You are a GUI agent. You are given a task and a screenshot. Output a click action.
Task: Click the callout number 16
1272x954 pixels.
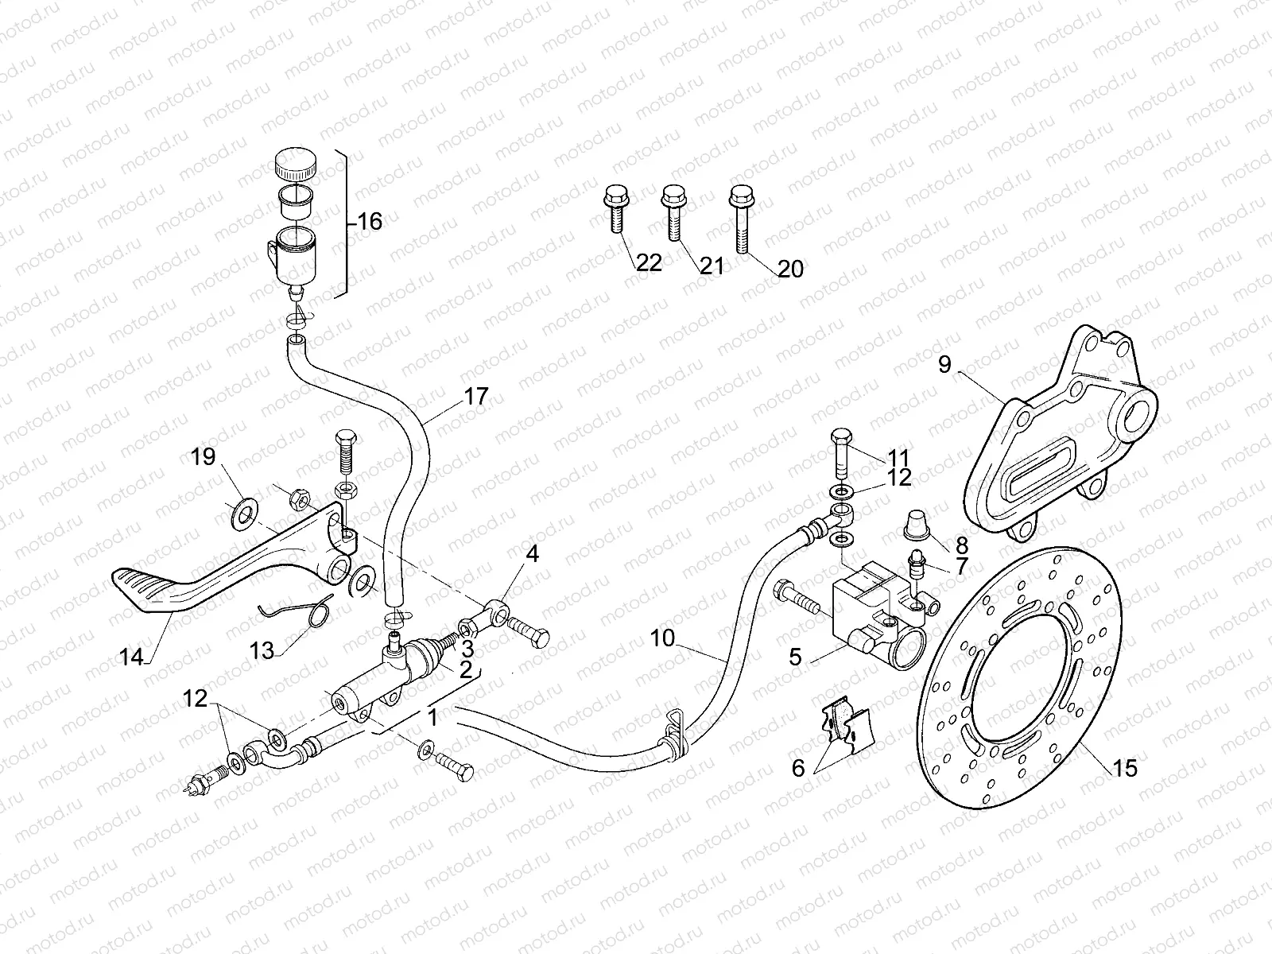(369, 221)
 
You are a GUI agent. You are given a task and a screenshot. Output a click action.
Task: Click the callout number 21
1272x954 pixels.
(712, 265)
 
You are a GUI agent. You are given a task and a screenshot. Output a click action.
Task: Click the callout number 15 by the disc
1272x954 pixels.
(1125, 768)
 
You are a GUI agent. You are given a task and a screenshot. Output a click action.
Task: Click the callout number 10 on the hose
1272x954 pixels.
(662, 638)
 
